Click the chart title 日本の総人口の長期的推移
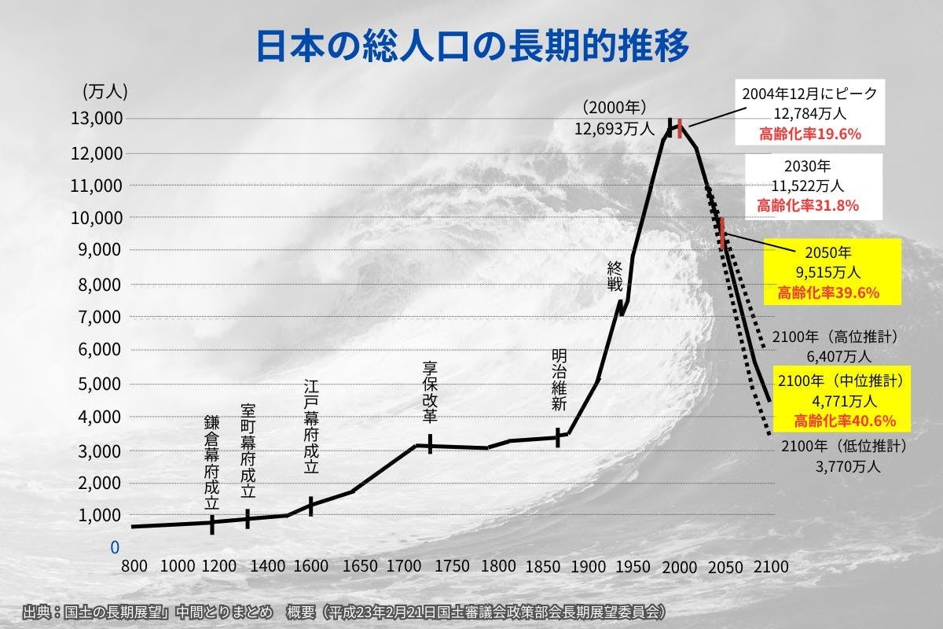tap(472, 46)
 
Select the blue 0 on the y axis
tap(115, 546)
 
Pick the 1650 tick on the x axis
tap(351, 566)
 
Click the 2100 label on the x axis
tap(771, 566)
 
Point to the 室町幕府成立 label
tap(248, 451)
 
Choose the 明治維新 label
tap(559, 381)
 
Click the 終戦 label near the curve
tap(615, 276)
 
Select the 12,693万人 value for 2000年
tap(614, 127)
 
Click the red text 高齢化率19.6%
tap(810, 134)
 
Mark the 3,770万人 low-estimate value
tap(848, 465)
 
